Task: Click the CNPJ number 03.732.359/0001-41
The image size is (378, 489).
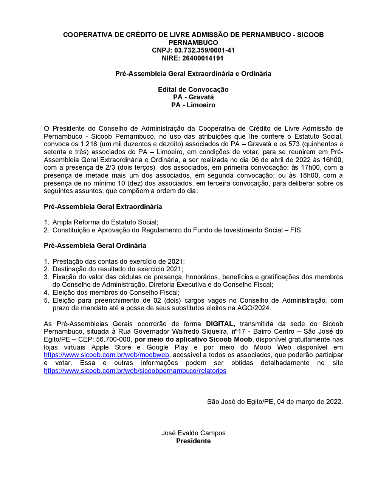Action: [x=204, y=50]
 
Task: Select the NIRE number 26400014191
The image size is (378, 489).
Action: [x=203, y=58]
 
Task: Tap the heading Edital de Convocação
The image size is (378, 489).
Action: [x=193, y=90]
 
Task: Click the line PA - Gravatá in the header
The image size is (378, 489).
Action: [x=193, y=97]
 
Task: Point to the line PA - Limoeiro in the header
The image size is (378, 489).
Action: [x=193, y=105]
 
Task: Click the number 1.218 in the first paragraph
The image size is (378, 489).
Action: [x=89, y=144]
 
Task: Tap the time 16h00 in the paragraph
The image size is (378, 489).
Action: [x=333, y=160]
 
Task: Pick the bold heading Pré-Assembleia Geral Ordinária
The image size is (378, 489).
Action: [x=95, y=246]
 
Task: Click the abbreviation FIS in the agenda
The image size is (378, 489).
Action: [x=296, y=230]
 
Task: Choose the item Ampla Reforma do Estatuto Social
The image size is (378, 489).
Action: [x=105, y=222]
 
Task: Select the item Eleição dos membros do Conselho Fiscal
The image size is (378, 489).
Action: [x=116, y=292]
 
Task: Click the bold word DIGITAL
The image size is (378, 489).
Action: [x=220, y=324]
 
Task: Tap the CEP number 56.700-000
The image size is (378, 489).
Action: [x=113, y=339]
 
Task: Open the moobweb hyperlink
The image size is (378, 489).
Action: [x=106, y=355]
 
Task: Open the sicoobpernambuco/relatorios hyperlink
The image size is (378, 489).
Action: [x=135, y=371]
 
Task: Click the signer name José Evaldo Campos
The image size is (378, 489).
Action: [x=193, y=433]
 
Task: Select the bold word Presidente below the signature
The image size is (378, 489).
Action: [x=193, y=441]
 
